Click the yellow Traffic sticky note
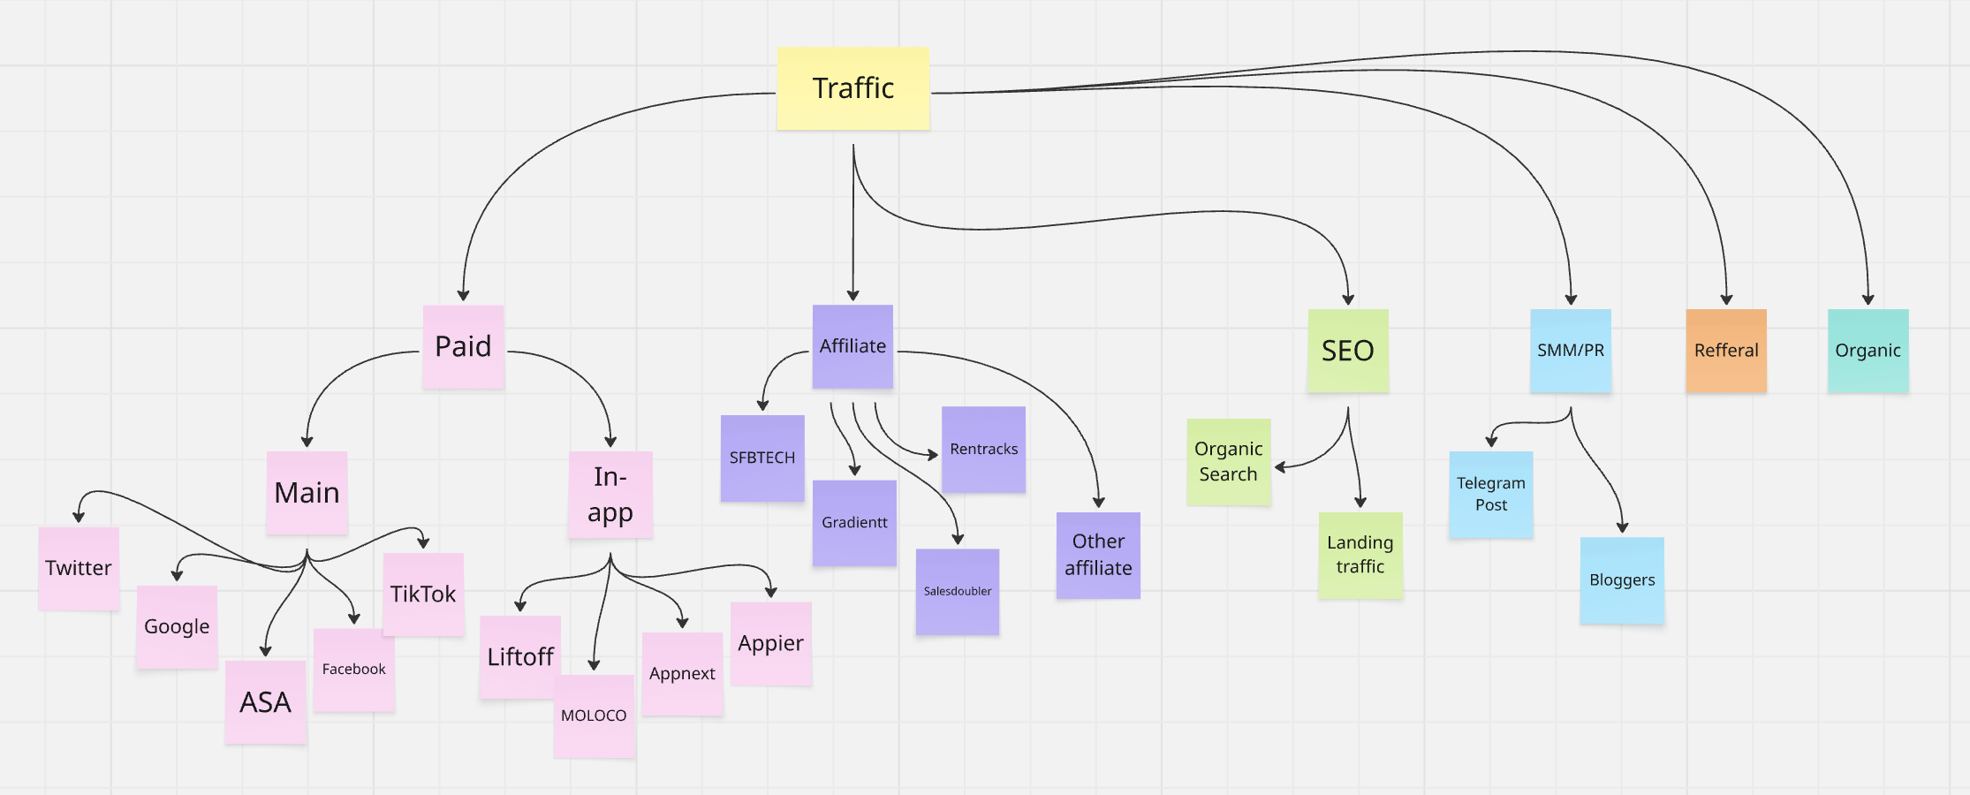[852, 88]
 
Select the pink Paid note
[463, 346]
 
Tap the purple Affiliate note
[852, 346]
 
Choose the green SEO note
[1347, 351]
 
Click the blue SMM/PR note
[1570, 351]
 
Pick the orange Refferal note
[1725, 351]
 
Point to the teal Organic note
[1868, 351]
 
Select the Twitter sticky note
[79, 568]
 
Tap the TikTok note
[423, 594]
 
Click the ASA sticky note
[265, 702]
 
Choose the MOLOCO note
[594, 715]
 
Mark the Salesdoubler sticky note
[957, 591]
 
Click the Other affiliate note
[1098, 555]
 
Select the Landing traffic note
[1360, 555]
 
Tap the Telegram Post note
[1490, 495]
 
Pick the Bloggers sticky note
[1621, 580]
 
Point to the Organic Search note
[1228, 461]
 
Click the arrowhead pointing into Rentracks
[934, 455]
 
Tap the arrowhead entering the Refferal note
[1726, 300]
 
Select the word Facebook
[353, 670]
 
